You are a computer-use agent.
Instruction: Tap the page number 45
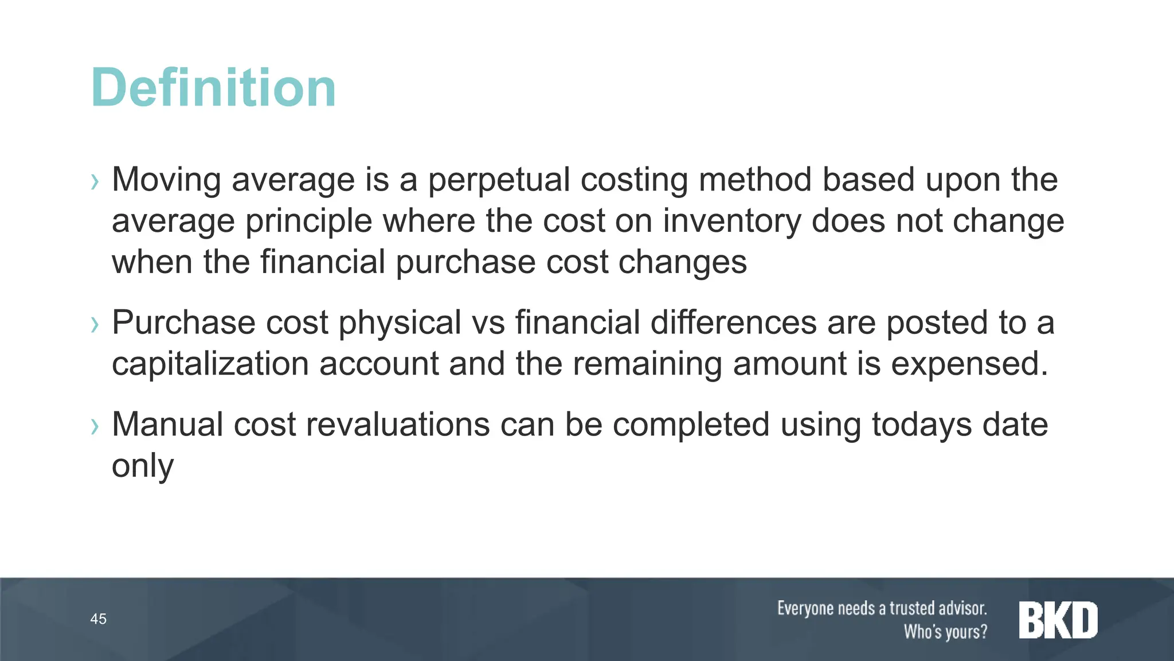(98, 619)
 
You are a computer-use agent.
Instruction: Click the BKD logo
(1058, 620)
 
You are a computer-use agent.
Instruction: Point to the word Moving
(166, 180)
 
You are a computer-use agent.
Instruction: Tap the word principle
(309, 222)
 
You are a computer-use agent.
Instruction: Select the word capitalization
(210, 364)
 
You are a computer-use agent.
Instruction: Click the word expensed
(969, 364)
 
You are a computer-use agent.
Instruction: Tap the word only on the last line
(142, 466)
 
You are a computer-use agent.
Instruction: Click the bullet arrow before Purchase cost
(95, 325)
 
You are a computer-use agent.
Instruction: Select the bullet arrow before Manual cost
(95, 426)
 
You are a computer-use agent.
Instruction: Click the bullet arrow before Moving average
(95, 182)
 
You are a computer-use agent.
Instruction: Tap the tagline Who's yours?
(945, 631)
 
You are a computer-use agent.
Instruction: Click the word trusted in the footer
(915, 608)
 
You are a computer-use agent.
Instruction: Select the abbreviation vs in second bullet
(488, 323)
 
